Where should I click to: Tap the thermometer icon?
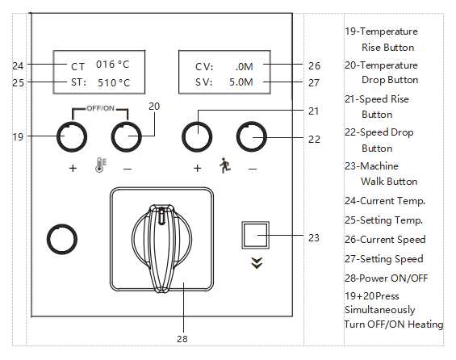(101, 165)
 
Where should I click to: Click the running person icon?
(225, 165)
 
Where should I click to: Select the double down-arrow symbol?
(257, 263)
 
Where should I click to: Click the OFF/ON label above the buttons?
(100, 108)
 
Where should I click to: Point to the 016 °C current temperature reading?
(112, 65)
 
